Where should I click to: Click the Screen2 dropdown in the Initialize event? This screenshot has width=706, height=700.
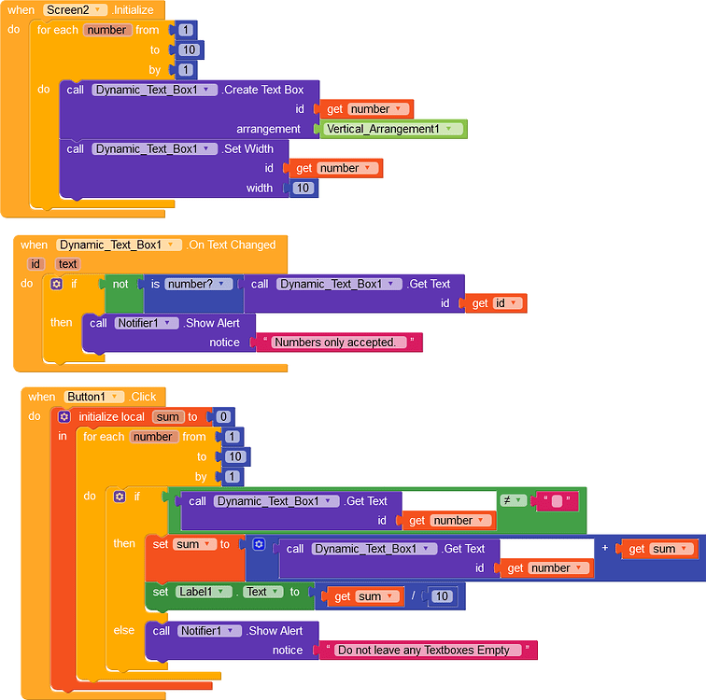pos(74,10)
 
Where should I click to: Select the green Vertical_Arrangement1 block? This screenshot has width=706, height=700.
pos(393,129)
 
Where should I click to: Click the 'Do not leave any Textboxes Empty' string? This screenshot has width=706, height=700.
pos(425,650)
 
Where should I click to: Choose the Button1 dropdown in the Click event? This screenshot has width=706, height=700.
pos(95,397)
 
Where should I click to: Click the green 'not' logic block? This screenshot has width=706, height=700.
pos(120,284)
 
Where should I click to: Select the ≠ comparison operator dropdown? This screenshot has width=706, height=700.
pos(514,500)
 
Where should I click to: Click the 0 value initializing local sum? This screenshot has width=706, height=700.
pos(223,417)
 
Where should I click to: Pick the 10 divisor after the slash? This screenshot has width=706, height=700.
pos(443,596)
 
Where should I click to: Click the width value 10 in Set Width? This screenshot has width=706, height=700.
pos(303,189)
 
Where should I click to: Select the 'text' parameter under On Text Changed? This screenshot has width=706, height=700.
pos(68,264)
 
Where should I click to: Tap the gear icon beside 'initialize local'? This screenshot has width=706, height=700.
pos(64,417)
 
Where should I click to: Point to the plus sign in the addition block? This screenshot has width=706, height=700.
pos(605,548)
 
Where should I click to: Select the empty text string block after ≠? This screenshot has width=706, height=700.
pos(557,501)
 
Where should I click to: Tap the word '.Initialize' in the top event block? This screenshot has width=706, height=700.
pos(134,10)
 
